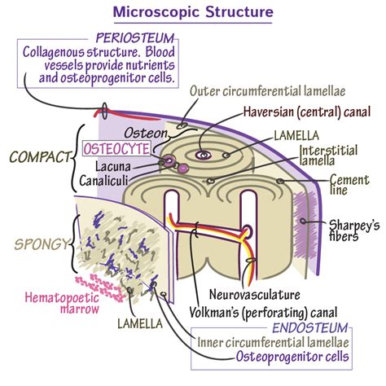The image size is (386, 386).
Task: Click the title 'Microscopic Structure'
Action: (x=192, y=12)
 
